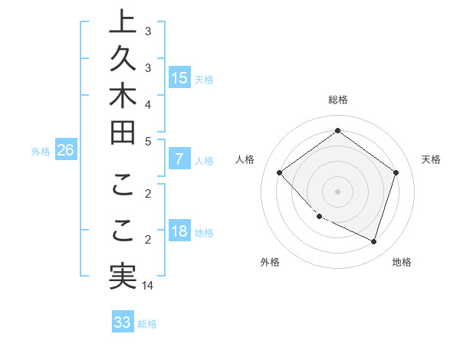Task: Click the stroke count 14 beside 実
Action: click(x=148, y=286)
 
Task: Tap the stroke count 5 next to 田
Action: click(x=148, y=141)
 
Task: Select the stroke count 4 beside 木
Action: click(x=148, y=103)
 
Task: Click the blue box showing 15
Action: click(x=179, y=77)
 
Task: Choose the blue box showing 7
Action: click(x=179, y=160)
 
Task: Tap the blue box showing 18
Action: click(x=179, y=232)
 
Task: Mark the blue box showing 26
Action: click(x=65, y=150)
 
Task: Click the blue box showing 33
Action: click(x=123, y=322)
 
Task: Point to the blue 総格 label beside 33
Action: click(x=148, y=324)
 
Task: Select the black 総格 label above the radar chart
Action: click(x=337, y=100)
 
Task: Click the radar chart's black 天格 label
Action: click(x=431, y=159)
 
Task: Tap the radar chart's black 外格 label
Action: click(x=270, y=262)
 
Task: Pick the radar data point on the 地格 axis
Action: click(x=373, y=242)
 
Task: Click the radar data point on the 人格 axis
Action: click(x=280, y=173)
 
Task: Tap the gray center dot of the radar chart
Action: click(x=337, y=191)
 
